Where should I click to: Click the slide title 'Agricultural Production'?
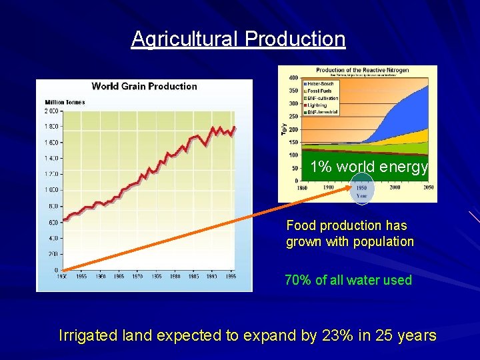click(238, 39)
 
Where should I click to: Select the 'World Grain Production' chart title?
click(144, 86)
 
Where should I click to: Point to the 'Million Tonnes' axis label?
click(65, 101)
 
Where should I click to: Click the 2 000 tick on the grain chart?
click(51, 111)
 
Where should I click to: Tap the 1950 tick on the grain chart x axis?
click(61, 275)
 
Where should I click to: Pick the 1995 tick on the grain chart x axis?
click(231, 275)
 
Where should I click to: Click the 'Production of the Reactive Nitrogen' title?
click(362, 71)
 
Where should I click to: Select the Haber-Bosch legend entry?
click(321, 83)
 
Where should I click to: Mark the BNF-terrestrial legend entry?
click(323, 112)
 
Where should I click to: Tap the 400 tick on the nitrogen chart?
click(293, 78)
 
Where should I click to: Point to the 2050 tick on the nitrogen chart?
click(428, 188)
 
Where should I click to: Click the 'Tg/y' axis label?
click(283, 129)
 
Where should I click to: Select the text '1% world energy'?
click(369, 167)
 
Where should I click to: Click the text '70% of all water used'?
click(348, 280)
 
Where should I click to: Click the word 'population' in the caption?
click(385, 241)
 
